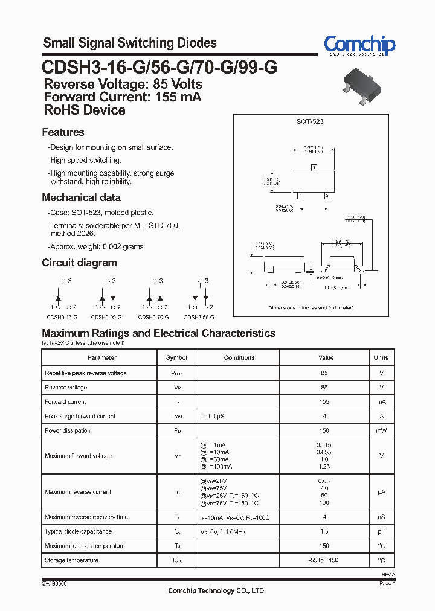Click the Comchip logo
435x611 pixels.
[359, 45]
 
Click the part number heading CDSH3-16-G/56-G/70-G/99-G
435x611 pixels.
[159, 66]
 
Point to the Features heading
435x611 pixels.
[63, 132]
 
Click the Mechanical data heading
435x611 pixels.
[81, 197]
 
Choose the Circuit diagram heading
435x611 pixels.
[79, 263]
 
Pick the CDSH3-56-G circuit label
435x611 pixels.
[199, 316]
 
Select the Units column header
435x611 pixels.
[381, 357]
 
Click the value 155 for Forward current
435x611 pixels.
[324, 401]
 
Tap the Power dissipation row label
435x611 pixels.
[68, 430]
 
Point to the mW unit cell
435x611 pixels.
[381, 430]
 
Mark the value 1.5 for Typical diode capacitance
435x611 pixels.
[324, 531]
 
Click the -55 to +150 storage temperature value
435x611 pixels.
[324, 560]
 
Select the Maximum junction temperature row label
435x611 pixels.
[85, 546]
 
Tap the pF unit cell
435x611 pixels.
[381, 531]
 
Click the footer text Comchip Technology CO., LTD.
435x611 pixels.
[216, 590]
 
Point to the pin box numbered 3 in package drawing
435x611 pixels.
[313, 167]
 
